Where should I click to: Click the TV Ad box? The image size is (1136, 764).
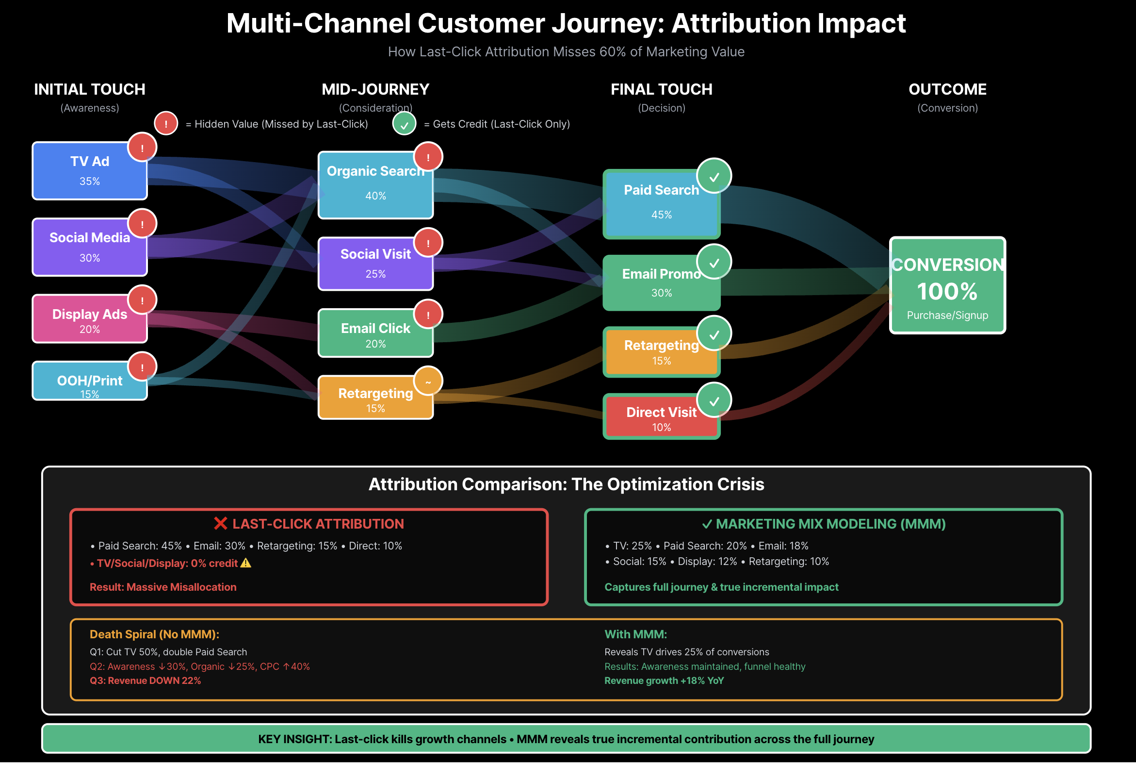90,170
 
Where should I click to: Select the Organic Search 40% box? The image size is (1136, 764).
375,185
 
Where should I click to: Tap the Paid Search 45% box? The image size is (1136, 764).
661,204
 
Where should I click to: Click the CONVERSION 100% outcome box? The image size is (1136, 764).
947,285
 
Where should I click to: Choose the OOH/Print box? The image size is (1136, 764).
90,381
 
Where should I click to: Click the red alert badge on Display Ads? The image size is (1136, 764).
142,300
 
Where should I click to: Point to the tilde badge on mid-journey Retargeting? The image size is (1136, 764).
428,382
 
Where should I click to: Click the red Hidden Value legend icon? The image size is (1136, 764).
166,124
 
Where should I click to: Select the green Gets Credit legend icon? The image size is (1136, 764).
404,124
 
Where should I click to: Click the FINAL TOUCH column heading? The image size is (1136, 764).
661,90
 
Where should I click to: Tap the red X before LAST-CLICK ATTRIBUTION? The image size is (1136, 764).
221,524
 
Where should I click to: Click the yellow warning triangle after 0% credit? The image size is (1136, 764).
246,563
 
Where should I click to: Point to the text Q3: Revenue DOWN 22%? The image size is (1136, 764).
145,681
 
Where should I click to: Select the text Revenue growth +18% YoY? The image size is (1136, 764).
664,681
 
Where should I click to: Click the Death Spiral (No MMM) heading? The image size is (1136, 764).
154,634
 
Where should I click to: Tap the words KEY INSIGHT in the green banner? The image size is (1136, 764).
294,739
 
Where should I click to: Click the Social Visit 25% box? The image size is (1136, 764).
375,264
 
